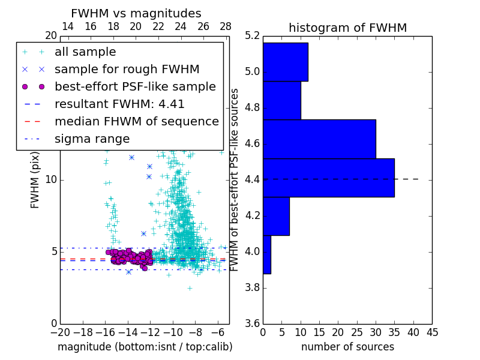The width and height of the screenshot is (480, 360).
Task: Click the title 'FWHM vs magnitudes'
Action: [x=136, y=13]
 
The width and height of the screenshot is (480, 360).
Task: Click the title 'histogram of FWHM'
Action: [x=347, y=28]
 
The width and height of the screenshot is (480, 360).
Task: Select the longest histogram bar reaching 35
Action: [x=328, y=178]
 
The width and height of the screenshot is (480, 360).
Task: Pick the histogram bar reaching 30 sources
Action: [x=319, y=139]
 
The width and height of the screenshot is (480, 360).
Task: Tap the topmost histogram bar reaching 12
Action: [x=285, y=62]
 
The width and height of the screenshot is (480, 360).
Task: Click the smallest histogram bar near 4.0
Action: [x=266, y=254]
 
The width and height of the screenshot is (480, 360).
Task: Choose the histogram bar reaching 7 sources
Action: [x=276, y=216]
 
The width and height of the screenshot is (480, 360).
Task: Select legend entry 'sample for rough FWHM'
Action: [x=127, y=70]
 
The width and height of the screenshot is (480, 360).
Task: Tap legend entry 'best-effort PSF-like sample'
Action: [x=135, y=87]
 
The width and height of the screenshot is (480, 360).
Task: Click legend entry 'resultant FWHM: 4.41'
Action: [x=119, y=104]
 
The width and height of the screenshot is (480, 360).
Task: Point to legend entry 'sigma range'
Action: [x=92, y=139]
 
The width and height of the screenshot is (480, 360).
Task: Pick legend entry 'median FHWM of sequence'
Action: [x=136, y=122]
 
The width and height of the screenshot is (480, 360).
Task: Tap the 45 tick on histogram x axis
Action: [x=432, y=332]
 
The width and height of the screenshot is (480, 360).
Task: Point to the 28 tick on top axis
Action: [x=226, y=26]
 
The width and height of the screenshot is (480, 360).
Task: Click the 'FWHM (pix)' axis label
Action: [x=35, y=180]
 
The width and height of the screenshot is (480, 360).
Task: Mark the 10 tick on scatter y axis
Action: [x=52, y=180]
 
